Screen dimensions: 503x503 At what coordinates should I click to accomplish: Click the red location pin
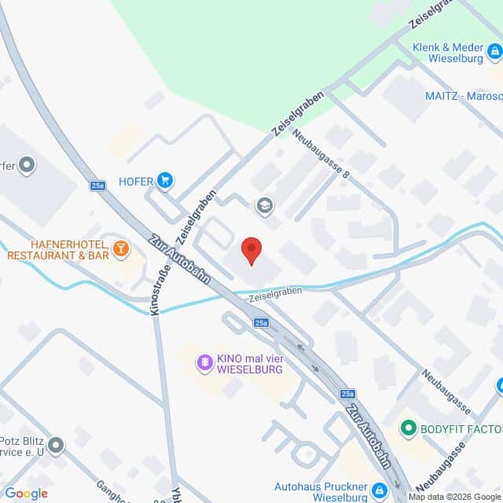251,249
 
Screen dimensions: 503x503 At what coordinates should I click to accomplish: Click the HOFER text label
134,182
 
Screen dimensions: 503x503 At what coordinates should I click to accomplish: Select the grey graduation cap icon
265,206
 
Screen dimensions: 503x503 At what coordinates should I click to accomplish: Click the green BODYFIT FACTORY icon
408,428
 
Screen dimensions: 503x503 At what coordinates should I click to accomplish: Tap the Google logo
26,494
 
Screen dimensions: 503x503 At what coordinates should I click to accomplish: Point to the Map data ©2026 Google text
453,497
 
